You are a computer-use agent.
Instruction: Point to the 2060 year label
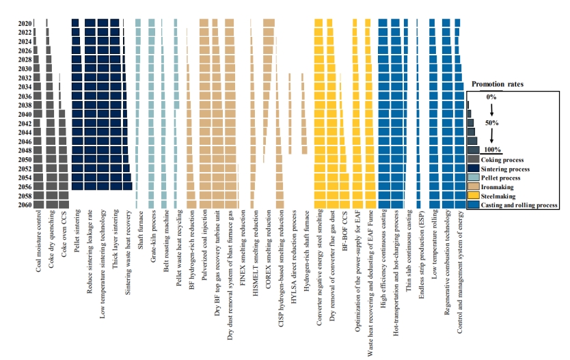24,204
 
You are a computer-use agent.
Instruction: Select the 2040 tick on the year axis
24,114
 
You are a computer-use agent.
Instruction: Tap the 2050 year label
24,159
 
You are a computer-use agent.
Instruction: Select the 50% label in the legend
491,123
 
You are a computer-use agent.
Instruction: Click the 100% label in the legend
492,149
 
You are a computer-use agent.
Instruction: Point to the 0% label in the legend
491,97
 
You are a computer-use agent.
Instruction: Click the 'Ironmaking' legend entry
498,186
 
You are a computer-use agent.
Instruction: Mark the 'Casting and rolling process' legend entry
519,204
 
